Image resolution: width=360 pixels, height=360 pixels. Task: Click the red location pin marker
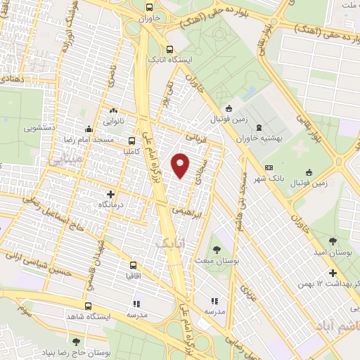coord(181,165)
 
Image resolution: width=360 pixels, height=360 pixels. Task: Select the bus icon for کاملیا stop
coord(131,141)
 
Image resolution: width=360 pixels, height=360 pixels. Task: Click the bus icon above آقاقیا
coord(133,265)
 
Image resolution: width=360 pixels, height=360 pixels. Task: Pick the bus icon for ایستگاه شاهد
coord(88,306)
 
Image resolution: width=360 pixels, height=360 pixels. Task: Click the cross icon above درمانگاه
coord(110,193)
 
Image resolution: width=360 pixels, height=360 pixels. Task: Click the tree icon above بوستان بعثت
coord(218,250)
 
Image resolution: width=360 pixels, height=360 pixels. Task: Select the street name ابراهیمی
coord(191,210)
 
